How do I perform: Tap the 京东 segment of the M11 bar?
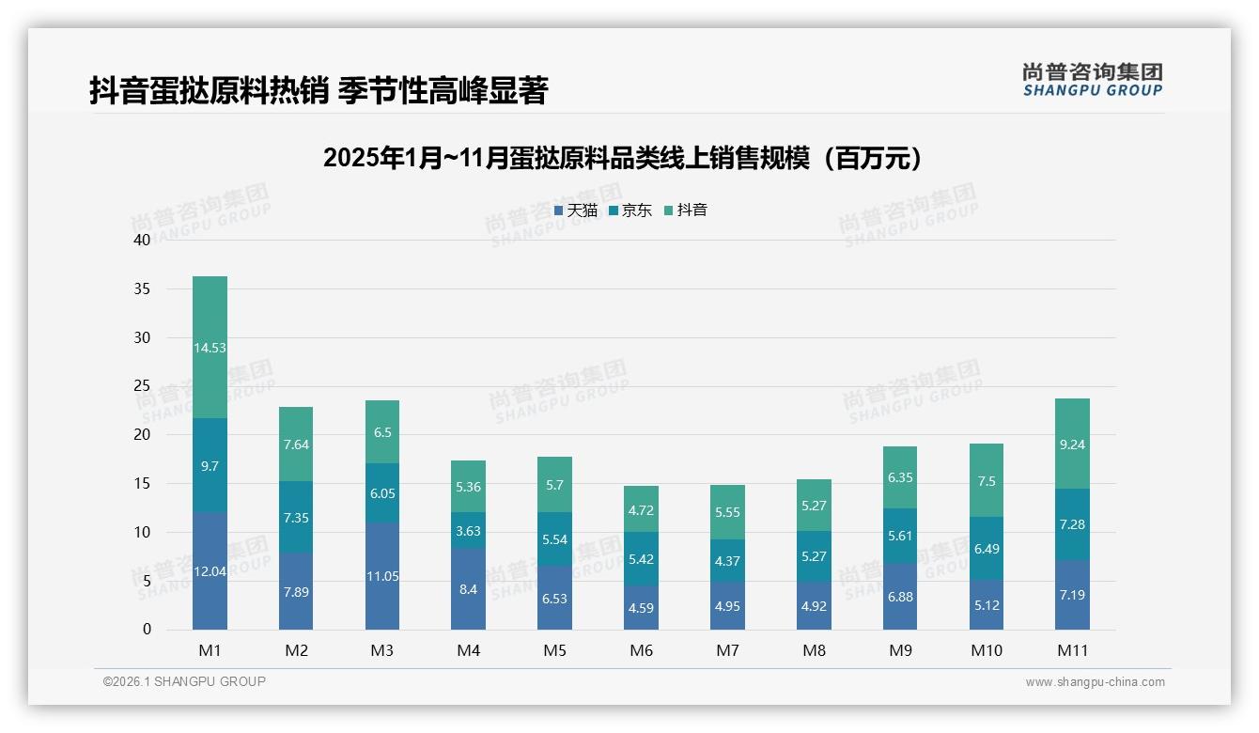[x=1072, y=524]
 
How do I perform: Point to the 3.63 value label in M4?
[x=468, y=531]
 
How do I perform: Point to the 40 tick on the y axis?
[x=142, y=240]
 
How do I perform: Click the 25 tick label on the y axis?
[x=142, y=386]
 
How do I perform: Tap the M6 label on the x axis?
[x=641, y=650]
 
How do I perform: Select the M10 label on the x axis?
[x=986, y=650]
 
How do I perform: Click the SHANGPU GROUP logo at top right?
[x=1093, y=79]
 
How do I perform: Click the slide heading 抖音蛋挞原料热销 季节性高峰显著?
[x=318, y=91]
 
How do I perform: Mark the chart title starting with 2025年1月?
[x=622, y=158]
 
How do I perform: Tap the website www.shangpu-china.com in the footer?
[x=1095, y=682]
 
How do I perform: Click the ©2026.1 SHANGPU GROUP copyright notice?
[x=184, y=681]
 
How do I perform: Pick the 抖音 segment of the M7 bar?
[x=727, y=512]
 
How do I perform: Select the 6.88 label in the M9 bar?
[x=899, y=597]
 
